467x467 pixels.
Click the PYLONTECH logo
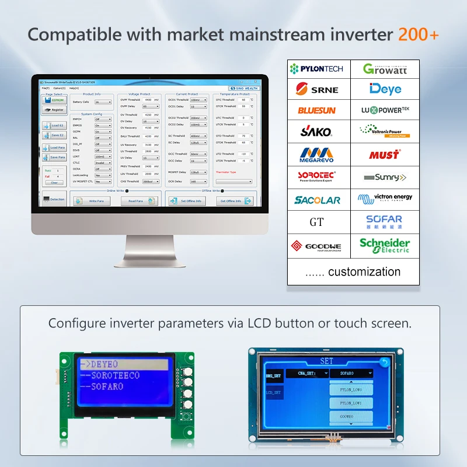tap(318, 69)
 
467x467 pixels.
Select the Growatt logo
tap(385, 69)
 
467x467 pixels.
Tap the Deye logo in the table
tap(385, 89)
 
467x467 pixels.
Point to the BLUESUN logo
tap(317, 110)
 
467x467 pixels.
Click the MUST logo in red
tap(384, 155)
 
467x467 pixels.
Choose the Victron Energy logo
tap(385, 198)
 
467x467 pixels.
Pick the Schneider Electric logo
tap(385, 245)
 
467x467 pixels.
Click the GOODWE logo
tap(318, 246)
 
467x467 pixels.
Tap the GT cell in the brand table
tap(316, 222)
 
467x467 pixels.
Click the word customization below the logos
tap(364, 271)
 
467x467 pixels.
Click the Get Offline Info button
tap(235, 201)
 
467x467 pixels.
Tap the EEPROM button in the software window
tap(55, 100)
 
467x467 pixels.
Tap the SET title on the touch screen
tap(327, 361)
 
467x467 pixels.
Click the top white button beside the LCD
tap(188, 370)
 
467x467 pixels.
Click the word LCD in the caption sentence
tap(259, 323)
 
